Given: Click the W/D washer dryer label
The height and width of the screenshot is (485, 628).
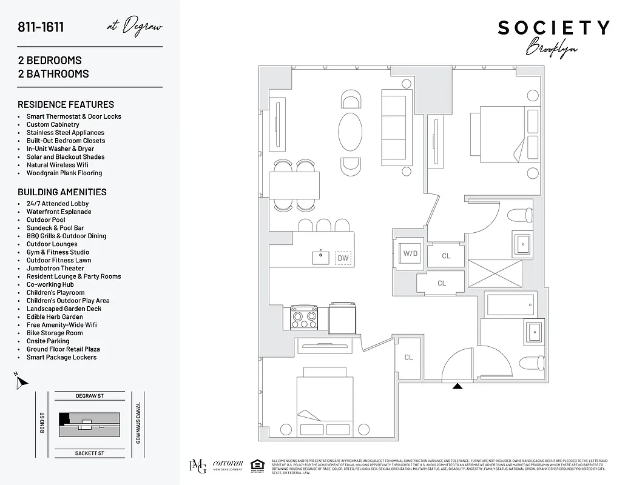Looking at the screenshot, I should pos(410,253).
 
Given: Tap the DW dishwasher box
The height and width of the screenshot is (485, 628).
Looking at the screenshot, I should pos(343,258).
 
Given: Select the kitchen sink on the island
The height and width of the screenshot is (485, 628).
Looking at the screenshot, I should pos(321,257).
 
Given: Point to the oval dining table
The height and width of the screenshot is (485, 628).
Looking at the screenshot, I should pos(350,131).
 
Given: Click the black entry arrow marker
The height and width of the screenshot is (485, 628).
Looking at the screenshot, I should pos(458,385).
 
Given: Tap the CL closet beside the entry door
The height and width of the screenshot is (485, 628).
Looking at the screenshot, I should pos(408,357).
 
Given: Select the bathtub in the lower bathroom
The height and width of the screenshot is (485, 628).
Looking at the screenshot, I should pos(511,304).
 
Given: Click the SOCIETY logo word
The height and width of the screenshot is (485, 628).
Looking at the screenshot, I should pos(553,28).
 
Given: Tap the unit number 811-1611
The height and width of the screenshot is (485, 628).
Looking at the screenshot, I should pos(41,27).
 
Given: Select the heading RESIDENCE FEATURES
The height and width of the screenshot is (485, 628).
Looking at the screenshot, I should pos(66,104).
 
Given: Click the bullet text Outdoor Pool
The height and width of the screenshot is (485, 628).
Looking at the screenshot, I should pos(46,220).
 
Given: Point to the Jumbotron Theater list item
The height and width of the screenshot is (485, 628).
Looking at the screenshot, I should pos(55,269).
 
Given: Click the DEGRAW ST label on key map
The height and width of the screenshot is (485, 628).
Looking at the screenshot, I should pos(90,396).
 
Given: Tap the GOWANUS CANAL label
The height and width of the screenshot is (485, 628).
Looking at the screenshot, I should pos(138,422).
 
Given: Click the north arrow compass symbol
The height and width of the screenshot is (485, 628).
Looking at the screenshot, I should pos(21,382).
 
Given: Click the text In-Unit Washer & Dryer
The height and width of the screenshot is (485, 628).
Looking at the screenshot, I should pos(60,149).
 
